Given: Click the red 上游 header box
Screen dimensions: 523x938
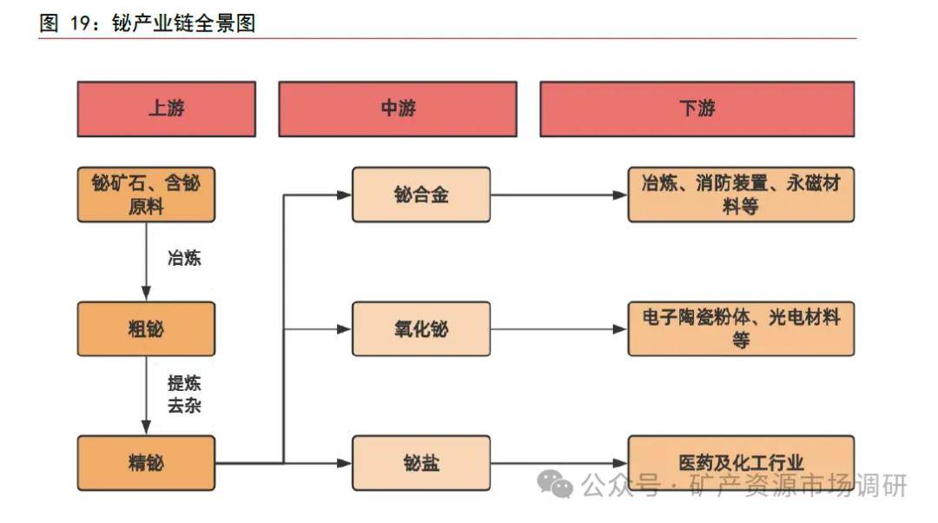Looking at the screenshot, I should click(x=166, y=109).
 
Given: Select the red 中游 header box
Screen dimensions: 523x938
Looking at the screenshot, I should click(x=397, y=109).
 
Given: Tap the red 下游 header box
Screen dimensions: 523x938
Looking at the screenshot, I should click(x=697, y=109).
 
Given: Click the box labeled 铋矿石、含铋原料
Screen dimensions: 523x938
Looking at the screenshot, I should click(x=146, y=195).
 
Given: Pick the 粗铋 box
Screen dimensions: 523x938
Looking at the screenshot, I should click(x=146, y=328).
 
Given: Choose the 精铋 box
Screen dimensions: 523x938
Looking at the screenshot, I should click(x=146, y=462).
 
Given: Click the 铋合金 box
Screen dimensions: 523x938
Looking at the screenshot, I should click(x=421, y=195).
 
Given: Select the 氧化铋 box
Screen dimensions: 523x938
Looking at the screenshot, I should click(x=421, y=328).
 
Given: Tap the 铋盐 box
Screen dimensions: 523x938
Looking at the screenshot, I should click(x=421, y=462).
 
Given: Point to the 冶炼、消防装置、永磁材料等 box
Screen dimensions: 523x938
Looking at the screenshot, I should click(x=741, y=195).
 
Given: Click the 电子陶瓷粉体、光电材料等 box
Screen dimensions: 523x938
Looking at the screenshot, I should click(x=741, y=328).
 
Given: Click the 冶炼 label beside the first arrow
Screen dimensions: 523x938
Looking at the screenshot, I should click(x=184, y=258).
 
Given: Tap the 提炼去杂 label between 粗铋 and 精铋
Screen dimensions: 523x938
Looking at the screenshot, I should click(x=184, y=394).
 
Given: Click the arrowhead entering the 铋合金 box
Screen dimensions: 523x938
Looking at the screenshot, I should click(x=345, y=195).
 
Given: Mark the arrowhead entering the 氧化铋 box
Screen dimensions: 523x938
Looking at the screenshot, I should click(x=345, y=329).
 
